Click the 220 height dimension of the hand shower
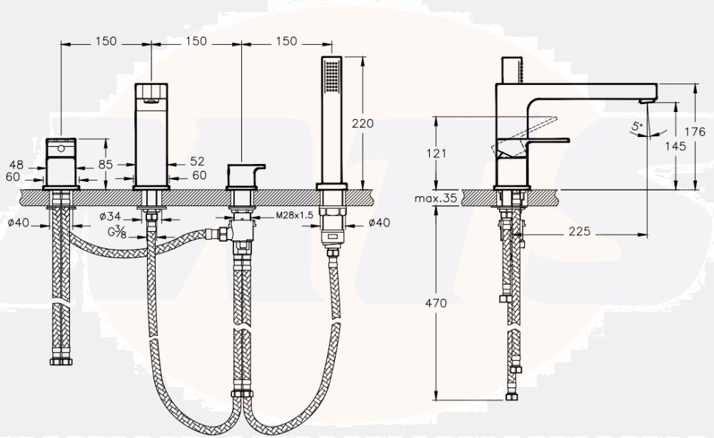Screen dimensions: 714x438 363,123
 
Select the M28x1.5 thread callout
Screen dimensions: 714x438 295,215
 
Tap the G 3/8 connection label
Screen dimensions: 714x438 117,232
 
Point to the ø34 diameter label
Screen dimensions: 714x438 110,216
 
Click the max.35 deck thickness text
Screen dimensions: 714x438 436,198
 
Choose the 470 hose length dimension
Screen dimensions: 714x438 436,303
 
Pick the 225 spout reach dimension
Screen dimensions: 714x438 579,232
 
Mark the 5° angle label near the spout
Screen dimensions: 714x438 637,126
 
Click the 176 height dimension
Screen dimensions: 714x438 695,132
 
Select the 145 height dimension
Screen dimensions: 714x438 675,146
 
